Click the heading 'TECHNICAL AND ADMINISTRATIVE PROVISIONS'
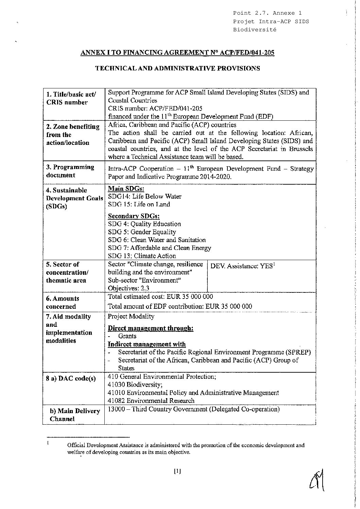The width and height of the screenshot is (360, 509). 177,68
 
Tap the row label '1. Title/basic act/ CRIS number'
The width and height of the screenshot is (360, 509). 71,98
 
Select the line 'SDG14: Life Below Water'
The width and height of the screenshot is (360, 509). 144,197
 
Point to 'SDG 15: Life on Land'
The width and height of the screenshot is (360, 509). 139,204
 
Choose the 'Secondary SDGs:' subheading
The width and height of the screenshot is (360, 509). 134,216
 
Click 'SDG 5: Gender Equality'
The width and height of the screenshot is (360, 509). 142,232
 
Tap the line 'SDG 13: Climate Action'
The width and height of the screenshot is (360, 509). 142,256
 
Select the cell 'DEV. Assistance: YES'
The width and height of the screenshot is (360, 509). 242,266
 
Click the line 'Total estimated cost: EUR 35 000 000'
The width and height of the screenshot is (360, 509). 160,296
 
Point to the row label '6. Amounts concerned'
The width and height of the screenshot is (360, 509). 63,302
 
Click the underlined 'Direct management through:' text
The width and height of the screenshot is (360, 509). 151,328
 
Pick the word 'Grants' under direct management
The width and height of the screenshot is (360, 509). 127,336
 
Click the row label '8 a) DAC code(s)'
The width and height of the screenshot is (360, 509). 71,378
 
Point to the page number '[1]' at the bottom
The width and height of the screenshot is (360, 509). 177,471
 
